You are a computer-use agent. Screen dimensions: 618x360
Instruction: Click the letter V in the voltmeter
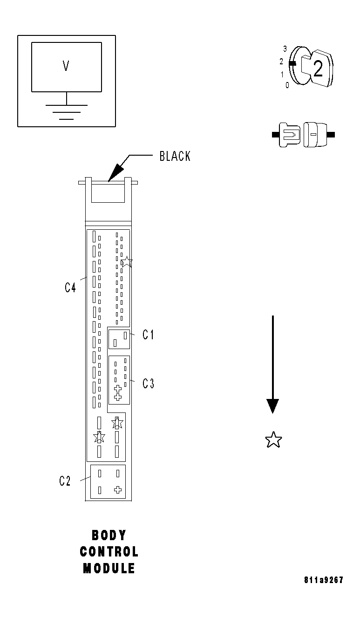66,66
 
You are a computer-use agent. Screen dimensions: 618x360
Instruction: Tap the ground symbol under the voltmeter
66,112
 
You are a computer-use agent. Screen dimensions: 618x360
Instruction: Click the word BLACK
175,156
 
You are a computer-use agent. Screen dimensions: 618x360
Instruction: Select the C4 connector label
70,288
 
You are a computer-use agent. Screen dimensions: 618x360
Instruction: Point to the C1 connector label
148,335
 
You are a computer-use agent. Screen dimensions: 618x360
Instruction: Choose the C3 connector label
148,384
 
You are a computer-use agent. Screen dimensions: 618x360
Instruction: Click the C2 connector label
65,481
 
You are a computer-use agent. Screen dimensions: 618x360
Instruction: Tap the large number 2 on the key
318,69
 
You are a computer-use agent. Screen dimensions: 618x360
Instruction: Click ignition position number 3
285,48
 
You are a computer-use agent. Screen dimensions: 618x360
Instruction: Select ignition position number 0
287,85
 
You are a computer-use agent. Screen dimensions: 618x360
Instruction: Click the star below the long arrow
273,439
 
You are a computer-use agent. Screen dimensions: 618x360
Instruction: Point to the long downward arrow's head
272,405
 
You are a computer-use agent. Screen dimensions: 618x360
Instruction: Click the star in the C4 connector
126,261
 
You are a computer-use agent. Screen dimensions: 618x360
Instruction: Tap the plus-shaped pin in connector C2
118,489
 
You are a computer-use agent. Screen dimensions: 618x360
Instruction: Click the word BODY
109,535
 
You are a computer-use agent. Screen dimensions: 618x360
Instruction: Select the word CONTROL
109,552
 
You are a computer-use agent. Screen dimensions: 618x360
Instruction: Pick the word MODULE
109,569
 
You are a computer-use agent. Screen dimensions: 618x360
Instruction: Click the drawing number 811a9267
323,580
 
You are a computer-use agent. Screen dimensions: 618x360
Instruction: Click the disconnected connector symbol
303,135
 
